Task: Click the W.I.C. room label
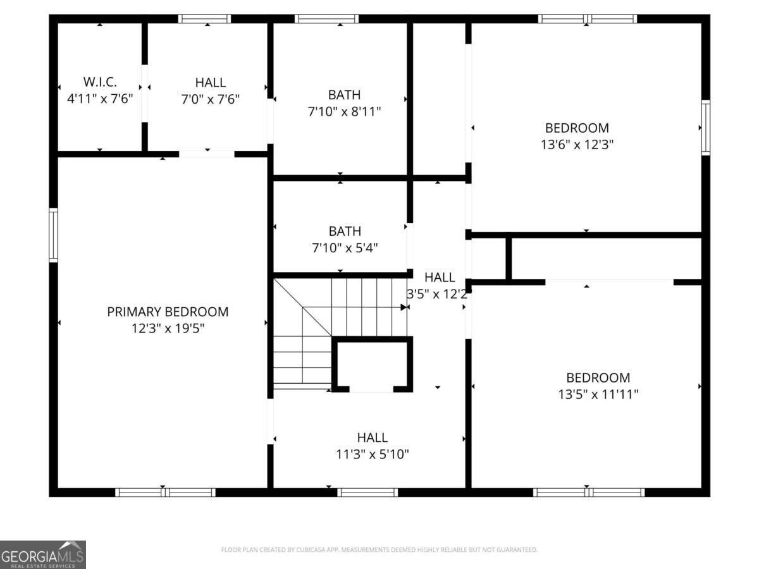point(100,82)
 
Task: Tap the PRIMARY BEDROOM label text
point(168,312)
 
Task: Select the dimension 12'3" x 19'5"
point(168,328)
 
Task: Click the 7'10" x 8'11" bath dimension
point(344,111)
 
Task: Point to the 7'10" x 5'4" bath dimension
point(344,248)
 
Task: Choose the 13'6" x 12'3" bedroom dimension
point(577,144)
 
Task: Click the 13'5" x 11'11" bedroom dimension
point(598,395)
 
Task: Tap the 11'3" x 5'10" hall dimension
point(372,454)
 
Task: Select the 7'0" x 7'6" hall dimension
point(210,99)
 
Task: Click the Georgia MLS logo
point(43,554)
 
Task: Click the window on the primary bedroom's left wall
point(54,235)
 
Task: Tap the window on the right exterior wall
point(705,127)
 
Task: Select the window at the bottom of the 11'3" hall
point(367,492)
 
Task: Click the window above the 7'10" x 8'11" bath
point(327,19)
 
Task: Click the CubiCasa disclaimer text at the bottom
point(379,550)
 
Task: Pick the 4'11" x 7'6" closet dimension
point(100,99)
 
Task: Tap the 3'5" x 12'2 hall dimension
point(437,293)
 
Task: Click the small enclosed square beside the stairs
point(373,365)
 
